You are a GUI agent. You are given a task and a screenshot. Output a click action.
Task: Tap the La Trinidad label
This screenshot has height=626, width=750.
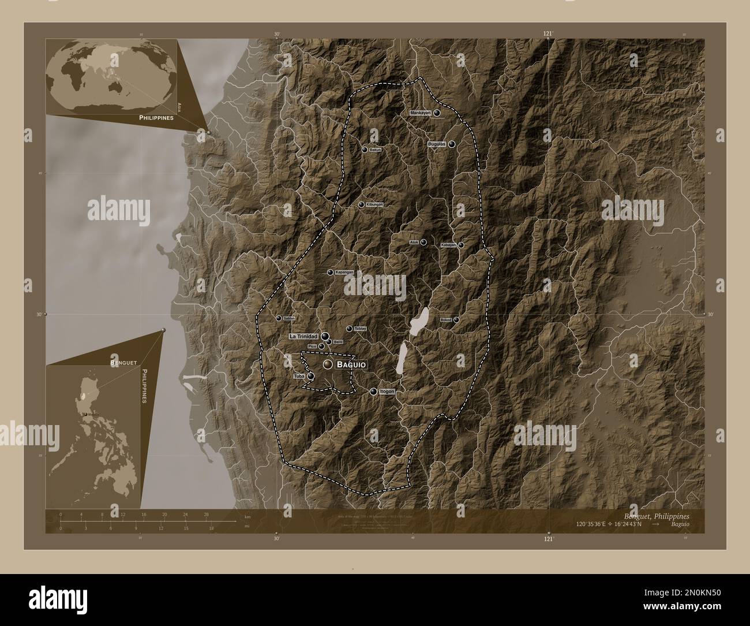(x=304, y=336)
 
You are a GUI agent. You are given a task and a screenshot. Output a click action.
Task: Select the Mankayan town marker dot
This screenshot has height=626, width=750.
(x=437, y=113)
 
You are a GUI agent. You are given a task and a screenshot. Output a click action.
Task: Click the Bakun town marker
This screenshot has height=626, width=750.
(x=364, y=150)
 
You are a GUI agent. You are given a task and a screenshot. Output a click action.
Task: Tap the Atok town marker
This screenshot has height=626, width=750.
(x=423, y=243)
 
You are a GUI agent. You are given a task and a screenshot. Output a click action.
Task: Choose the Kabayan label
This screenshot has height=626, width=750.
(x=448, y=245)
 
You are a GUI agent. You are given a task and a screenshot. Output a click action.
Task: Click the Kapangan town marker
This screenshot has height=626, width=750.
(x=330, y=273)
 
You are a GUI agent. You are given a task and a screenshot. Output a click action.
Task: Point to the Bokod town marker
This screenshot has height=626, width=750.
(x=456, y=319)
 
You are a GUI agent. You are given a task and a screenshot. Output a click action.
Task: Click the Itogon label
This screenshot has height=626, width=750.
(x=387, y=392)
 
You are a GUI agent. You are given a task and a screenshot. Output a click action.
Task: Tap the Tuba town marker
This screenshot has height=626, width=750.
(x=311, y=377)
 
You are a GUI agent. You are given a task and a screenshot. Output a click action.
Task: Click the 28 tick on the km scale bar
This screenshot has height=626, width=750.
(x=206, y=514)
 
